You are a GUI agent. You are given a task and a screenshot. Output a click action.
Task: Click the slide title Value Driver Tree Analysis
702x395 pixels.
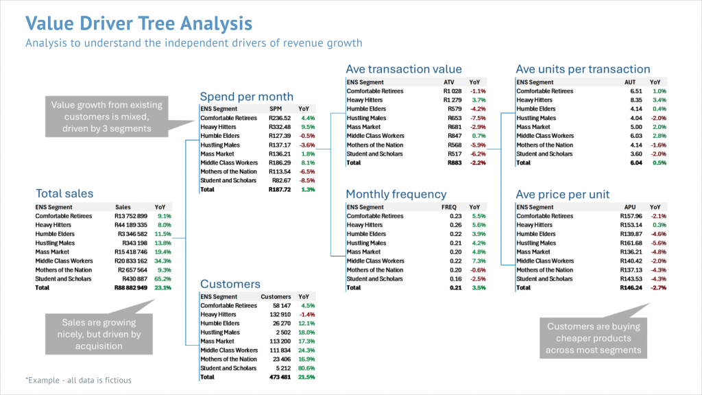click(x=138, y=24)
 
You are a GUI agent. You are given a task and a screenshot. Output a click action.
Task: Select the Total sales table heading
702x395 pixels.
click(x=64, y=193)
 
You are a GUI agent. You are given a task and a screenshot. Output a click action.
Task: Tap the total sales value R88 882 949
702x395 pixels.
click(x=130, y=288)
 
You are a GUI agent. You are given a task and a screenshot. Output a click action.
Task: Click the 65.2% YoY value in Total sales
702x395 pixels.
click(x=163, y=279)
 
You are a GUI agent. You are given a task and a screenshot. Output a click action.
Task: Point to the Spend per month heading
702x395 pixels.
click(x=246, y=97)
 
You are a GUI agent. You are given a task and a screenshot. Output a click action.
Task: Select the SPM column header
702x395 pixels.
click(x=276, y=109)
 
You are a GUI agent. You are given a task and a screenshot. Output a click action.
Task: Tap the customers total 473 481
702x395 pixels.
click(x=278, y=377)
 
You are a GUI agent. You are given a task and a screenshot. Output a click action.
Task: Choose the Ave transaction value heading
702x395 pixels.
click(x=404, y=69)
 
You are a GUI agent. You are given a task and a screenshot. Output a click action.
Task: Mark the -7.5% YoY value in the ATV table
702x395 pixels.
click(x=478, y=118)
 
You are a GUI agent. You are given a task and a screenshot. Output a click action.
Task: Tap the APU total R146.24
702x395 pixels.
click(x=630, y=288)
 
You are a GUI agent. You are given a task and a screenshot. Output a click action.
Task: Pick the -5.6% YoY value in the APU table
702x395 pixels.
click(x=658, y=243)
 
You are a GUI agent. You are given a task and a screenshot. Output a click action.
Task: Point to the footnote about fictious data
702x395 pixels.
click(x=78, y=379)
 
